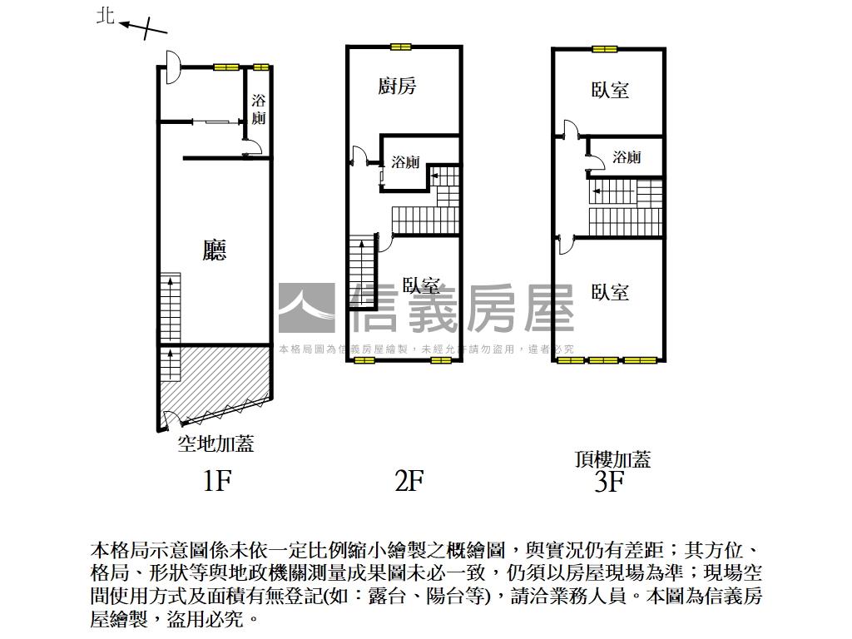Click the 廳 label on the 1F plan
point(215,250)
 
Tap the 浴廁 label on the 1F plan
point(259,109)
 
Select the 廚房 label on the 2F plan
point(397,86)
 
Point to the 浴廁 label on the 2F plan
point(406,162)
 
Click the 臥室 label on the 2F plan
point(421,285)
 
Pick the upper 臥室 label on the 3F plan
point(610,90)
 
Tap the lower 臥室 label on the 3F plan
point(610,292)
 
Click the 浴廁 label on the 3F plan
point(627,157)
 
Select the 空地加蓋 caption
point(215,444)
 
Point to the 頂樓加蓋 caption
point(612,458)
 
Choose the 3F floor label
point(610,482)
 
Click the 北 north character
point(105,17)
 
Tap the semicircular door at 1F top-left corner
point(171,67)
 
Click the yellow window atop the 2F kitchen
point(401,47)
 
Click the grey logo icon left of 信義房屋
point(306,308)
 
